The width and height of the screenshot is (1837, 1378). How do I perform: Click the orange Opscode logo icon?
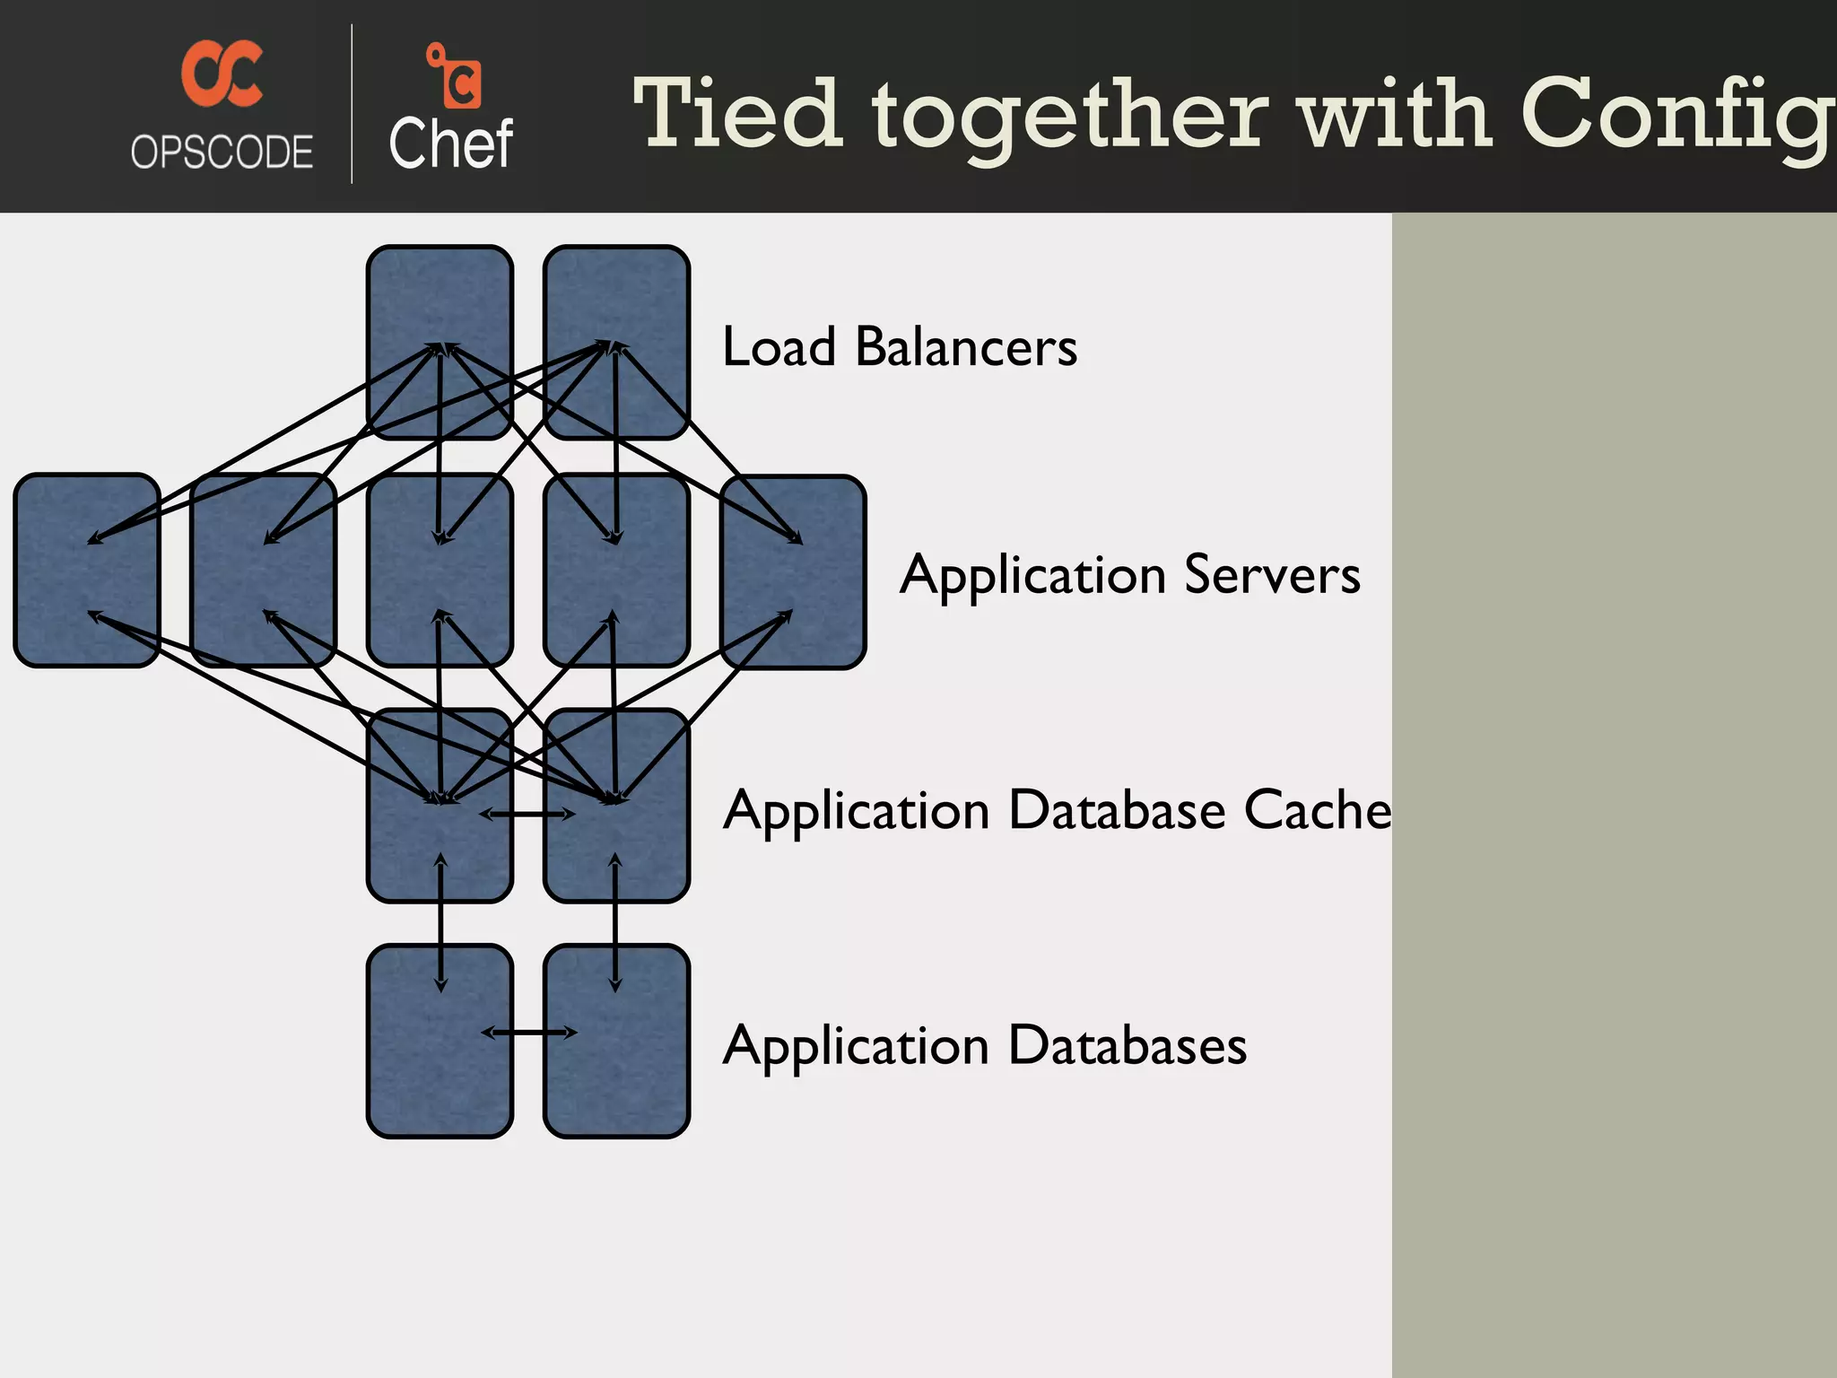pos(222,74)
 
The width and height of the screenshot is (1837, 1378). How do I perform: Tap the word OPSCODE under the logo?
pos(222,152)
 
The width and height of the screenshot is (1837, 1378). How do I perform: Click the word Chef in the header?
pos(450,144)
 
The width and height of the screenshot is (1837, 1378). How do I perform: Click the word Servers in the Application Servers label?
pos(1271,574)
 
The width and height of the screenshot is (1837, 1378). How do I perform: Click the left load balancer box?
pos(440,296)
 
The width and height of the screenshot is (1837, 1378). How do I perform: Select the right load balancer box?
pos(616,296)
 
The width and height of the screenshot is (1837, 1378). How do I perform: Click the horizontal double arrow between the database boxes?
pos(529,1033)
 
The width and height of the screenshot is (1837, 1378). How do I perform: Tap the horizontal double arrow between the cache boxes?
pos(527,815)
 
